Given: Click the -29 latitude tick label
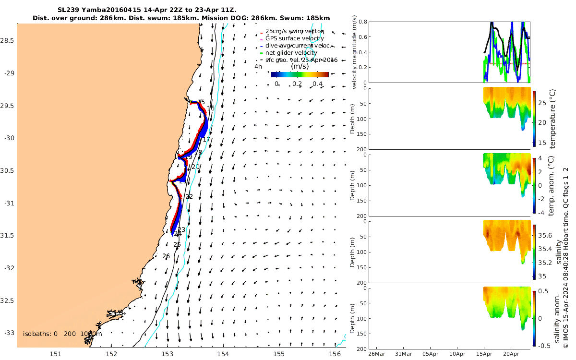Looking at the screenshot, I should point(8,73).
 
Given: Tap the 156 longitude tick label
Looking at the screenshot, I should point(334,354).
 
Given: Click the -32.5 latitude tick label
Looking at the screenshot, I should point(8,300).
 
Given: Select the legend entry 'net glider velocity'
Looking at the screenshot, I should point(291,52).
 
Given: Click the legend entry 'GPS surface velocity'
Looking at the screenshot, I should point(294,38).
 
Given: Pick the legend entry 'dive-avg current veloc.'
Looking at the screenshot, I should point(298,45).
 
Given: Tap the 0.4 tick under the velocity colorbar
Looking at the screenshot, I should point(317,84).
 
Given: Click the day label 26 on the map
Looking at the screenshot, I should point(166,256).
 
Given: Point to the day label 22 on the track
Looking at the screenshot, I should point(189,197).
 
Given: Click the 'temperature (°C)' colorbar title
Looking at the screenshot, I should point(552,118).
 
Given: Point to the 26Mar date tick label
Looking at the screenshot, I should point(376,354).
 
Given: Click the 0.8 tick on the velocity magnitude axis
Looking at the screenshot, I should point(362,22).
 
